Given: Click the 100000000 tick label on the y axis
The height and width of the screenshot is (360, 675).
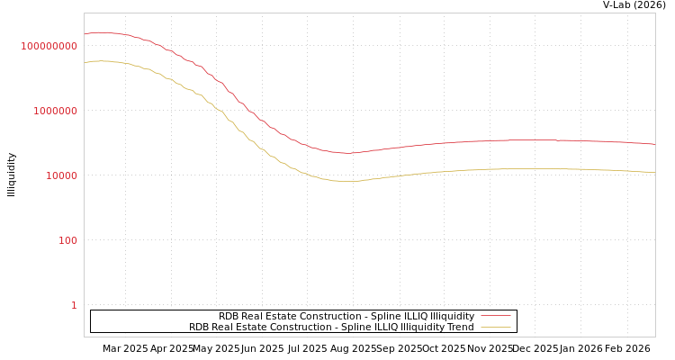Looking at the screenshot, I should coord(49,46).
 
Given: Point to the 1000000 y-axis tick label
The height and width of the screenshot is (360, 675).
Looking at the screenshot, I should coord(56,111).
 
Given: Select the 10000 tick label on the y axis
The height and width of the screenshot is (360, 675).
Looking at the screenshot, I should coord(62,175).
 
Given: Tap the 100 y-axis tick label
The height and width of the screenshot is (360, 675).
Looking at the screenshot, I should coord(68,240).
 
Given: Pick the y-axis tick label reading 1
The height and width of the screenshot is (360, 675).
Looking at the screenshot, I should coord(74,305).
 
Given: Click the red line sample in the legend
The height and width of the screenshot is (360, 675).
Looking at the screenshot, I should coord(495,316).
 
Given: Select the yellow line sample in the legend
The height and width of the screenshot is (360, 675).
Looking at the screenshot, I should coord(495,327).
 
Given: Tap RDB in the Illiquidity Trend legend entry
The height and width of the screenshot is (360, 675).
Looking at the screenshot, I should coord(199,327).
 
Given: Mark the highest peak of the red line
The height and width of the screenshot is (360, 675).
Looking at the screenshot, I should coord(103,32).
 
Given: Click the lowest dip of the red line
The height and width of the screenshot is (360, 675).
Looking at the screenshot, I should coord(348,153).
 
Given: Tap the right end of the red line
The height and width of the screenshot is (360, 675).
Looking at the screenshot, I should coord(654,144).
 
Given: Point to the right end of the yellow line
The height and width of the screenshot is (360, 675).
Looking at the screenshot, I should coord(654,172).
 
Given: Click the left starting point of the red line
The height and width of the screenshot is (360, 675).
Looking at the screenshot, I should coord(85,35).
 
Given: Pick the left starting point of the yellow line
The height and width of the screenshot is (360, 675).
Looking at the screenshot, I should coord(85,63).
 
